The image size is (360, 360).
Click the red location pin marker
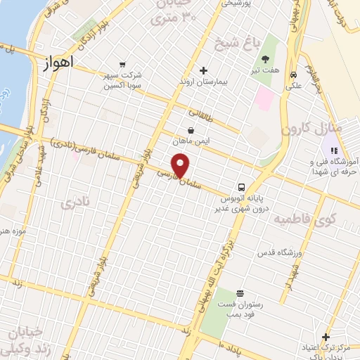coord(181,167)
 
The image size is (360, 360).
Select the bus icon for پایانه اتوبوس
coord(241,187)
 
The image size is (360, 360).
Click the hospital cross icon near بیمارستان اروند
coord(204,70)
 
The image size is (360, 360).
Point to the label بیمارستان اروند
coord(203,82)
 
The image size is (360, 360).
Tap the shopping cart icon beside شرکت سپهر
coord(124,63)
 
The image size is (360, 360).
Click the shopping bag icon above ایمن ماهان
coord(191,130)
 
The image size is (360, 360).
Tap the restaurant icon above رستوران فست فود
coord(240,293)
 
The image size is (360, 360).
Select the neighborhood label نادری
coord(77,204)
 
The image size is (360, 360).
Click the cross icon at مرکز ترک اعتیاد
coord(325,337)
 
